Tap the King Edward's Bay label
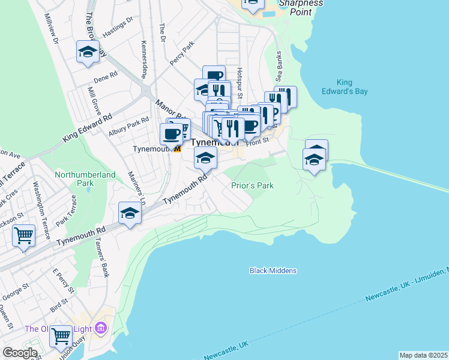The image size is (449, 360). [x=352, y=87]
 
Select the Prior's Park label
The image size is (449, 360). [x=252, y=185]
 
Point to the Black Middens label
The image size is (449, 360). [x=273, y=271]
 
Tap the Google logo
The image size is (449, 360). [x=19, y=352]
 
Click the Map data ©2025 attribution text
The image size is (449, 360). [x=423, y=355]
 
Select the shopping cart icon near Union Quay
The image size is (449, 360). [x=61, y=336]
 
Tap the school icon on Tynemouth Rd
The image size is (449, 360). [x=130, y=213]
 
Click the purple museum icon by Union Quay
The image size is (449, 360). [x=100, y=328]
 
